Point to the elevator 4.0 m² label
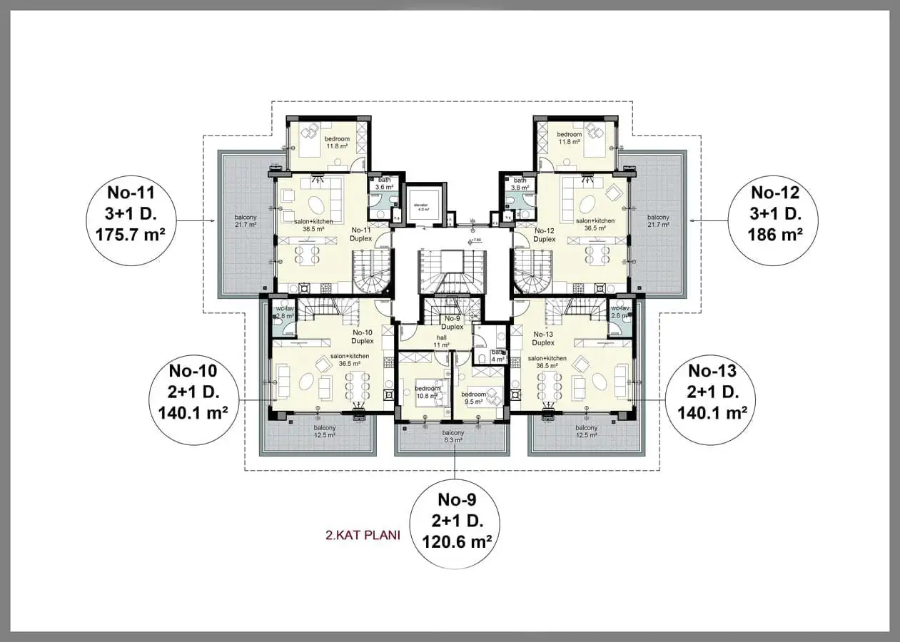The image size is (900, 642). pos(423,207)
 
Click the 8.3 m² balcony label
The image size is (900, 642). pos(452,437)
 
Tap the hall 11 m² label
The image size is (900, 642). pos(442,341)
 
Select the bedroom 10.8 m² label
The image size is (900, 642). pos(428,392)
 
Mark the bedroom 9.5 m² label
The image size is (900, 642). pos(474,398)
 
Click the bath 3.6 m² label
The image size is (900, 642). pos(385,184)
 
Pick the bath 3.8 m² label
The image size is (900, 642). pos(520,184)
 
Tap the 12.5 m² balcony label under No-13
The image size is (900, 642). pos(587,432)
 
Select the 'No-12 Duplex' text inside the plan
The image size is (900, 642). pos(544,235)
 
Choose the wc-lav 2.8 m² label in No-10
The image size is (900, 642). pos(284,312)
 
